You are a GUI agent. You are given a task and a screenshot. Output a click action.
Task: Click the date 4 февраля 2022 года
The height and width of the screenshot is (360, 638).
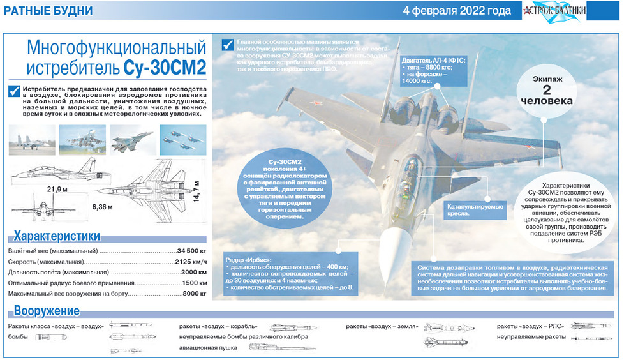point(457,11)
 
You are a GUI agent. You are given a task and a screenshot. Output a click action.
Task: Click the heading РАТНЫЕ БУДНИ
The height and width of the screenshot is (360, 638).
point(48,11)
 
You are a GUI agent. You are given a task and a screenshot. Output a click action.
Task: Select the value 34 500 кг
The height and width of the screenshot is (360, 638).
point(192,250)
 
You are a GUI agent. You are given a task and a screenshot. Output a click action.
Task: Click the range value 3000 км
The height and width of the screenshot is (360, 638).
point(194,273)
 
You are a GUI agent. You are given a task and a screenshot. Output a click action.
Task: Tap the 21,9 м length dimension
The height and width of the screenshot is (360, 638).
point(57,190)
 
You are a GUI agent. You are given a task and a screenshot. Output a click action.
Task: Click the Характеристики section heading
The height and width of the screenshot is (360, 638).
point(57,236)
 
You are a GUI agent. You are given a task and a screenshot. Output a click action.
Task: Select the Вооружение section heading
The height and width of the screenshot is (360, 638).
point(47,311)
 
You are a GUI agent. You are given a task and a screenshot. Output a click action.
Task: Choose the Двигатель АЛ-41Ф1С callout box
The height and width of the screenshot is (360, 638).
point(434,70)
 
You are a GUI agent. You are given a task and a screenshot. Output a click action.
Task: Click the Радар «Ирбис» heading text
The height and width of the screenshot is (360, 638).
point(249,259)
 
